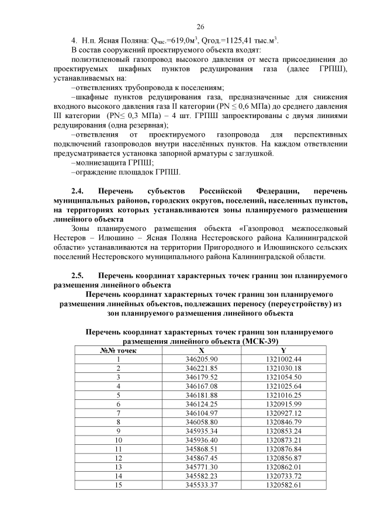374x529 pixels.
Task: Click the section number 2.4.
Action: click(78, 192)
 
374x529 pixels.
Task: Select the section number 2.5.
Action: click(78, 274)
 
